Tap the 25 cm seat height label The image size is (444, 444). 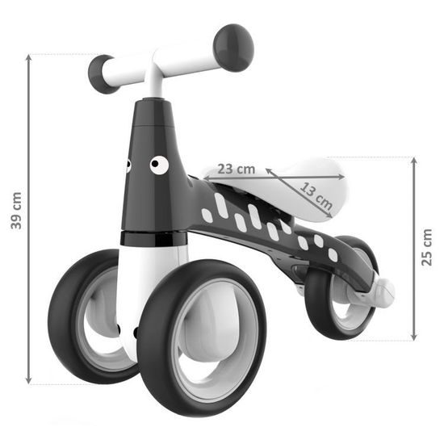428,246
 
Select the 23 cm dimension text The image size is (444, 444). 237,170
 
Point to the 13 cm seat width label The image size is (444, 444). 316,192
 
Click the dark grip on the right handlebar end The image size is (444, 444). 235,47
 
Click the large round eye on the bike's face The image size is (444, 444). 159,165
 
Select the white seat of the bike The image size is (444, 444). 307,184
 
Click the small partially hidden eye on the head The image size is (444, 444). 127,165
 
